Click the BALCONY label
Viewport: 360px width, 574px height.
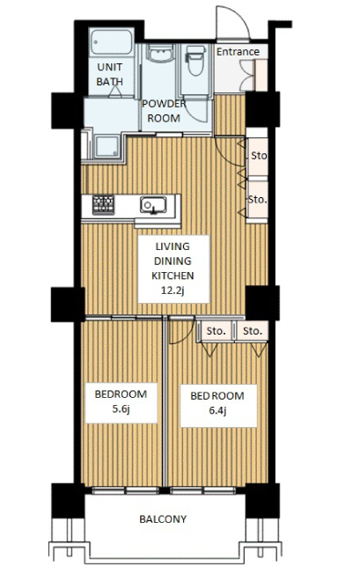[163, 519]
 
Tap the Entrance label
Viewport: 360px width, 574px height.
[238, 52]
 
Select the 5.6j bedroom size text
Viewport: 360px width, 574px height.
[121, 409]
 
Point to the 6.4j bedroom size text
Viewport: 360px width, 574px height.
[217, 411]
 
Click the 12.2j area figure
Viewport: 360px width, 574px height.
[173, 291]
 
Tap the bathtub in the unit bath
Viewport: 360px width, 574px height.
[112, 41]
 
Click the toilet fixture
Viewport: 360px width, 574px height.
[195, 60]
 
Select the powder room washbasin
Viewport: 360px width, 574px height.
[160, 54]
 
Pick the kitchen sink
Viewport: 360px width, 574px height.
[153, 205]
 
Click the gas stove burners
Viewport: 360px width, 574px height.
[103, 204]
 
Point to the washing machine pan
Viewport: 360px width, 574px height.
[107, 146]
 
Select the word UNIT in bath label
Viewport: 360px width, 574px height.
[110, 67]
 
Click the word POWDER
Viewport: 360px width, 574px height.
[164, 104]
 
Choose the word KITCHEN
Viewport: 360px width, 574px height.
[173, 276]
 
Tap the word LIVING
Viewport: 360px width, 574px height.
[173, 247]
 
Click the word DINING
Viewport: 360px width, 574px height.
[173, 261]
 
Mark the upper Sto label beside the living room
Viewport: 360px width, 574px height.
[259, 156]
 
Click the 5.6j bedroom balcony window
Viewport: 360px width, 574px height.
[126, 490]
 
